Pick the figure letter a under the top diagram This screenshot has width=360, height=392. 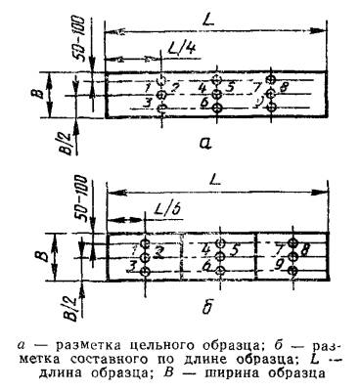204,143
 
